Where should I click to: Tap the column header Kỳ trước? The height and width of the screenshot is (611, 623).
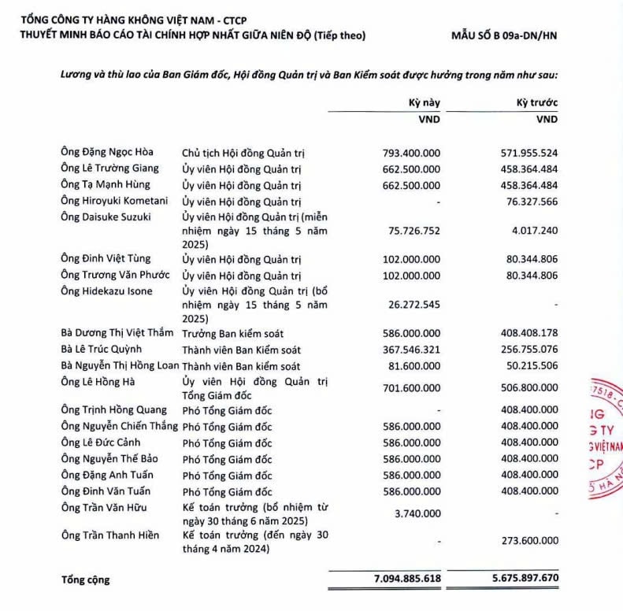(537, 103)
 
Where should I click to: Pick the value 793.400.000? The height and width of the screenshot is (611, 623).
(411, 152)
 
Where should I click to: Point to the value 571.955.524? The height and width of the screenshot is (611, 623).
(529, 152)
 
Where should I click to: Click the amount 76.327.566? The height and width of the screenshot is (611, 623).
(532, 201)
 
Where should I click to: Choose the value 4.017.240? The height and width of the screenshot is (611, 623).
(536, 231)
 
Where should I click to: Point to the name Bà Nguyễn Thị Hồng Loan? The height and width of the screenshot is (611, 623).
(120, 366)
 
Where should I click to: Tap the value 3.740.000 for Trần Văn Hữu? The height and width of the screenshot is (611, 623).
(418, 514)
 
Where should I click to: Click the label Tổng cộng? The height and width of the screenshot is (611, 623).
(86, 580)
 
